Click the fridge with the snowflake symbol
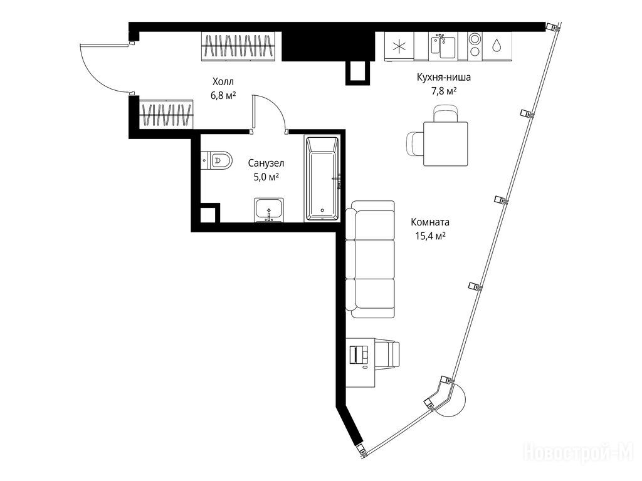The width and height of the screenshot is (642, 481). click(399, 46)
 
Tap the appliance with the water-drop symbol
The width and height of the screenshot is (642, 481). click(497, 46)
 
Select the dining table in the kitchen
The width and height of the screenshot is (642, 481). click(446, 144)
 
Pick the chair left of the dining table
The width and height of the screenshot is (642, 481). click(414, 143)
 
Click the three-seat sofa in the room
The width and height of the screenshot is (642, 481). click(370, 259)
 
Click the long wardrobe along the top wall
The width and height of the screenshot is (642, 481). click(241, 46)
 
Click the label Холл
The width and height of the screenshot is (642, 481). click(223, 81)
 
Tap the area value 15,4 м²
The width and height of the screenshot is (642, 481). click(430, 236)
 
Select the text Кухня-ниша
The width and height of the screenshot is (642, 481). click(444, 77)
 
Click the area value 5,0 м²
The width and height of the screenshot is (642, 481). click(266, 177)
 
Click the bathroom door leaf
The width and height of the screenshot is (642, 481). click(253, 113)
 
